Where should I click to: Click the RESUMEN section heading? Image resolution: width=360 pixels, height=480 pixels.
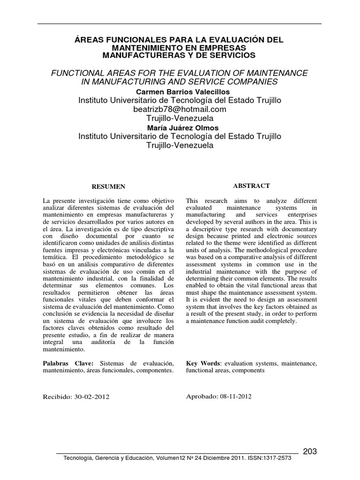point(108,187)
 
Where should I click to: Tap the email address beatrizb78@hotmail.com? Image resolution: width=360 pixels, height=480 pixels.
point(180,109)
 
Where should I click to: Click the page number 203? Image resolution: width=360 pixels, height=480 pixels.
point(310,451)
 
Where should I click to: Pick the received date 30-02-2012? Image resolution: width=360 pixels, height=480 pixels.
point(91,396)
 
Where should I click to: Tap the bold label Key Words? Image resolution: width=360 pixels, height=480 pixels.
point(203,363)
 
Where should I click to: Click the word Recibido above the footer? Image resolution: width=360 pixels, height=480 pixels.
point(57,396)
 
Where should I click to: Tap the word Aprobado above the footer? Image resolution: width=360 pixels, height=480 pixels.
point(202,396)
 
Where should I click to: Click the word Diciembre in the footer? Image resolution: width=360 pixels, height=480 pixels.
point(208,458)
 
